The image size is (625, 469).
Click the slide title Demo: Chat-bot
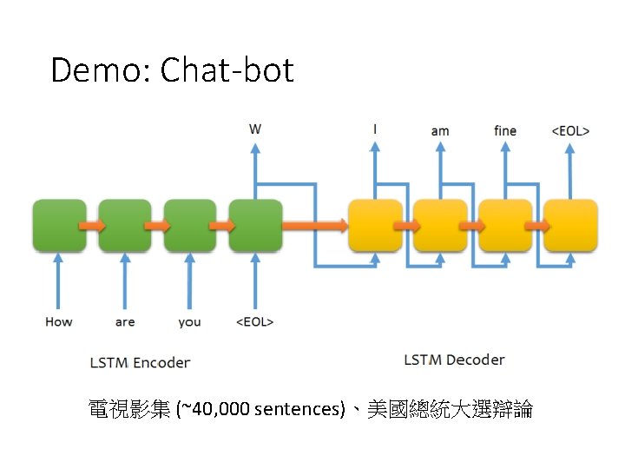click(172, 69)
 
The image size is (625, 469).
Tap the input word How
click(59, 322)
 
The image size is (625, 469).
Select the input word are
click(125, 322)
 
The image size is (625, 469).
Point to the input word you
click(189, 322)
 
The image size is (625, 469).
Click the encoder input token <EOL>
click(255, 322)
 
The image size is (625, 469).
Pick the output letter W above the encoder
click(255, 129)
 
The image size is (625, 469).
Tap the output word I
click(375, 129)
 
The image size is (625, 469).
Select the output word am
click(440, 131)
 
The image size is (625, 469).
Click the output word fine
click(505, 131)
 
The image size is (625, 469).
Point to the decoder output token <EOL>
click(570, 131)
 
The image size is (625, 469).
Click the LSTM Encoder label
click(140, 362)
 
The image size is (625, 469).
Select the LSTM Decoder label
click(454, 360)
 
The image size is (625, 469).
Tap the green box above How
click(59, 226)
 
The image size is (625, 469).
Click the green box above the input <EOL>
click(255, 226)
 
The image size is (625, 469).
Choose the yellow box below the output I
click(375, 226)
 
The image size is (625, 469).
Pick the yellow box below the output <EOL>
click(570, 226)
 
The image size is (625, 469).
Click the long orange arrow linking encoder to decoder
click(315, 226)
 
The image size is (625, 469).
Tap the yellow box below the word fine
click(505, 226)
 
